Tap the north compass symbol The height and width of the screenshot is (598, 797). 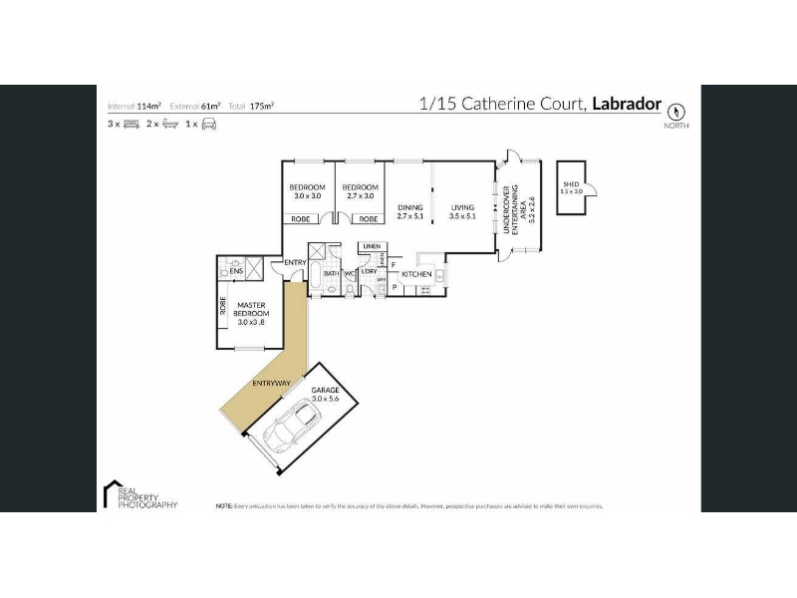tap(676, 112)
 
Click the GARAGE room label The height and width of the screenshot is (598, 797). tap(325, 391)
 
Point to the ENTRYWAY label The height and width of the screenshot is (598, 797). tap(271, 383)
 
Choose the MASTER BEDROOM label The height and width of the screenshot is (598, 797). tap(251, 313)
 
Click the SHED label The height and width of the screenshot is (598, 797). tap(570, 183)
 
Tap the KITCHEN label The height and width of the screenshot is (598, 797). tap(415, 273)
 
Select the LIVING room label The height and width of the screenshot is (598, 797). tap(462, 207)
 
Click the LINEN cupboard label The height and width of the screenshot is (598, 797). tap(371, 246)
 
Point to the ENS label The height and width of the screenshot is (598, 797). tap(237, 271)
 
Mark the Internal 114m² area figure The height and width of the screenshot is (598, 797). tap(134, 105)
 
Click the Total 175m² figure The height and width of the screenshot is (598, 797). tap(252, 105)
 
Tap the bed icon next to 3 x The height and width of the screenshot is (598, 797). tap(131, 124)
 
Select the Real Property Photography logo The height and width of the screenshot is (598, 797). tap(139, 495)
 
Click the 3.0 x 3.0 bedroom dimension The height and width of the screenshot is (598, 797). tap(307, 196)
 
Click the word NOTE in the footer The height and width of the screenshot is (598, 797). tap(224, 506)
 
